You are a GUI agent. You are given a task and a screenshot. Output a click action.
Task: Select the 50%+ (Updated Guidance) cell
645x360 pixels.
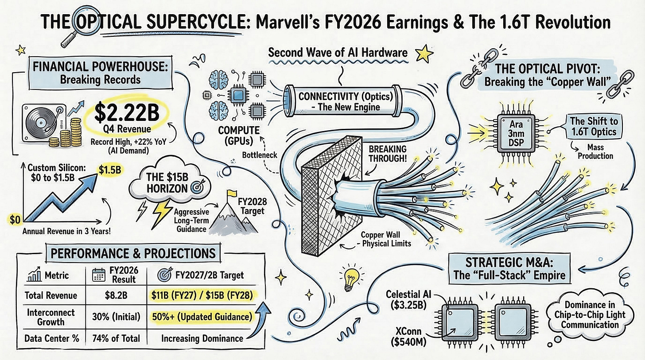coord(200,317)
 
